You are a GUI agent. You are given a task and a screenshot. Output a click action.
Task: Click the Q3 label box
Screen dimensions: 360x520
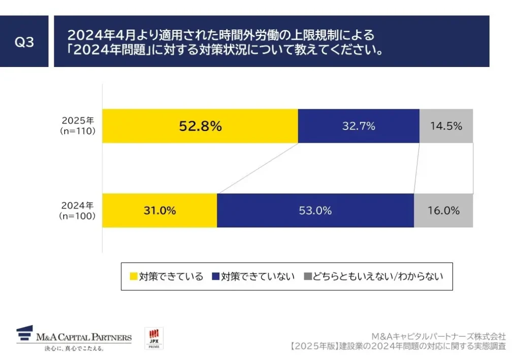click(24, 42)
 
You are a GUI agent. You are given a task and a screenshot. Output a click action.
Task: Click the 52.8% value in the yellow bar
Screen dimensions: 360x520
click(200, 126)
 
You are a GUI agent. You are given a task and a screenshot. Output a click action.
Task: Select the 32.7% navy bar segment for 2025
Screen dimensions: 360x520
click(359, 126)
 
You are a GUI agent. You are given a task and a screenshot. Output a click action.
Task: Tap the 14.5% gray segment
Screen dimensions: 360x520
click(446, 126)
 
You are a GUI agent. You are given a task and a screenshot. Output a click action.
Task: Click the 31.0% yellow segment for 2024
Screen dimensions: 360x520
click(159, 210)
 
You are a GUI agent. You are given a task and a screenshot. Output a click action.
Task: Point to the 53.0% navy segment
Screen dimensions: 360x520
click(315, 210)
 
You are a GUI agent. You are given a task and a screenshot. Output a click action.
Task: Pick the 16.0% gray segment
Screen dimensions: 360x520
click(443, 210)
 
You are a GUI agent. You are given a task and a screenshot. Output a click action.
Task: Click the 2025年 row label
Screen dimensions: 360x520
click(78, 121)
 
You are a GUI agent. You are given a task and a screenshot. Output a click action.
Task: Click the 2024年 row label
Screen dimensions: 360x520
click(78, 206)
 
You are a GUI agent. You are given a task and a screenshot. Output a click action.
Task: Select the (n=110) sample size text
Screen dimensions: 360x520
click(78, 131)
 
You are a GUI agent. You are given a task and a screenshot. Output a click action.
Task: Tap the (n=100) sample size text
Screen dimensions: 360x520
click(78, 215)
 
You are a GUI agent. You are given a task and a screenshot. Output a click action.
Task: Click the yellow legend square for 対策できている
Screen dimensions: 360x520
click(134, 277)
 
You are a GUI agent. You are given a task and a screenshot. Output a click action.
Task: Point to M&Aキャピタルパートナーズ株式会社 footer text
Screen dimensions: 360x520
click(438, 336)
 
